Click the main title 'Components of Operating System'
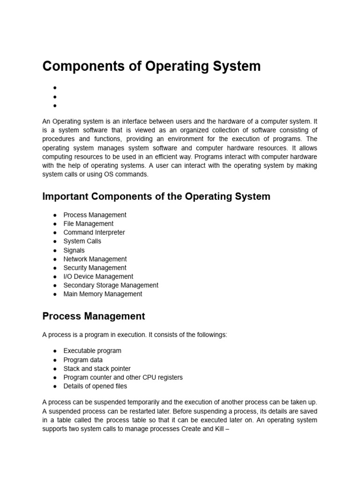tap(151, 66)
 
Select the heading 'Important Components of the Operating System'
tap(156, 196)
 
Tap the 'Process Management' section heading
tap(94, 316)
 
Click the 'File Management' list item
tap(88, 224)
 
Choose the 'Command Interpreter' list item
tap(94, 232)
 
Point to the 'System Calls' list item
tap(82, 241)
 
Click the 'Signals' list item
tap(74, 250)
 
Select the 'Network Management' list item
tap(95, 259)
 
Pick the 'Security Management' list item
tap(95, 268)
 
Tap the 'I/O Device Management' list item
tap(98, 277)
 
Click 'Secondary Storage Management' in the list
tap(111, 285)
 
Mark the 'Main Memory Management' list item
tap(103, 294)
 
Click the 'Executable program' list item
tap(92, 351)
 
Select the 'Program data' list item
tap(83, 360)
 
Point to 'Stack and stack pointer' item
tap(97, 368)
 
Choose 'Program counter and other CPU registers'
tap(123, 377)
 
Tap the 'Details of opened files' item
tap(95, 386)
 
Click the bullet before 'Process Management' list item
tap(55, 215)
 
